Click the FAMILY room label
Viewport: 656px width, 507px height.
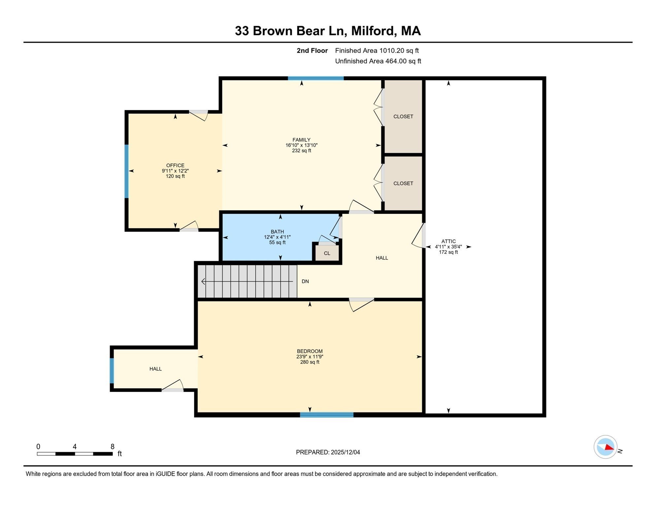click(x=301, y=140)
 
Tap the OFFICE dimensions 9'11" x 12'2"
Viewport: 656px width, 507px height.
click(x=175, y=171)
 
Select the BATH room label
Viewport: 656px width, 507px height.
click(x=277, y=232)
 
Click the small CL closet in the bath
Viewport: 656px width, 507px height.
click(x=327, y=253)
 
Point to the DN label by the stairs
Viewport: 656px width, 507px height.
click(x=305, y=282)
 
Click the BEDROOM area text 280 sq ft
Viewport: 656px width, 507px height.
click(x=310, y=362)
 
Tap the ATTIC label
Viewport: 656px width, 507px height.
click(x=448, y=241)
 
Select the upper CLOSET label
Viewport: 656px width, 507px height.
click(x=403, y=117)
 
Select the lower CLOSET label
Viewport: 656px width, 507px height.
click(x=403, y=184)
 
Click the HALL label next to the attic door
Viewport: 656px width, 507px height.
click(x=382, y=258)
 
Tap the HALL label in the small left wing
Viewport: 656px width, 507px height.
click(x=155, y=369)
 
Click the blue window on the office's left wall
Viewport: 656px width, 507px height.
click(x=126, y=171)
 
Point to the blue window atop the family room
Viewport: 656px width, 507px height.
click(x=316, y=79)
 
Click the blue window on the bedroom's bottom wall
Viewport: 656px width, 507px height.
click(x=327, y=415)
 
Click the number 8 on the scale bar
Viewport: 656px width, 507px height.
click(x=113, y=447)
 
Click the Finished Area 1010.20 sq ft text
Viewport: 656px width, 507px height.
click(x=377, y=51)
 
